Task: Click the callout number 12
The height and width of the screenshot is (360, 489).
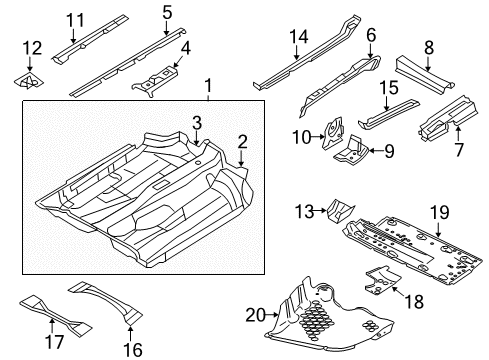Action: click(x=32, y=48)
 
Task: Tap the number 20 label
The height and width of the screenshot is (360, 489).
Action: click(x=256, y=315)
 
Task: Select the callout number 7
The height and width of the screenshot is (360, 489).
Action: click(x=459, y=149)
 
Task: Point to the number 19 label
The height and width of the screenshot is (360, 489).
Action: click(x=439, y=212)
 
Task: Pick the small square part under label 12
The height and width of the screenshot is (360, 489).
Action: click(x=29, y=81)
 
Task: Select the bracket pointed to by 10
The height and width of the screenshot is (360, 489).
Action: click(x=333, y=133)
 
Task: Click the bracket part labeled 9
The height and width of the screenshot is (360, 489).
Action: click(x=351, y=153)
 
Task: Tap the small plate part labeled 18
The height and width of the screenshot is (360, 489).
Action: click(x=382, y=280)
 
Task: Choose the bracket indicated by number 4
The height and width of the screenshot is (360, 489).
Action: click(x=155, y=81)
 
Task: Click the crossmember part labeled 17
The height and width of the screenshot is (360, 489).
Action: click(x=55, y=315)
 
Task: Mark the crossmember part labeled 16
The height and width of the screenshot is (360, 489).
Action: click(x=106, y=302)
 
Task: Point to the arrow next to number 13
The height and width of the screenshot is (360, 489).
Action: click(x=321, y=210)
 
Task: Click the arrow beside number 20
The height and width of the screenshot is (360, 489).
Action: click(x=273, y=314)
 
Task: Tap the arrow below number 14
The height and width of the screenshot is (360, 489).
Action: click(x=296, y=53)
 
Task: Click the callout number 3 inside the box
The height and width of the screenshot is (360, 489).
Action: click(x=197, y=123)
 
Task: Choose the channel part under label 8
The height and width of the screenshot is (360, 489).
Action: click(x=424, y=75)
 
